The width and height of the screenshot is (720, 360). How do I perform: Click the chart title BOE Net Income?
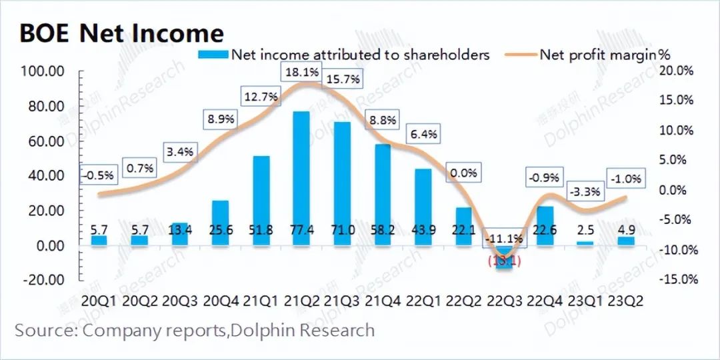pyautogui.click(x=121, y=33)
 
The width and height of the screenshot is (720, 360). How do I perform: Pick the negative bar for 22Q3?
pyautogui.click(x=505, y=257)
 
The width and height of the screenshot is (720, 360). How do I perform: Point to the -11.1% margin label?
pyautogui.click(x=505, y=238)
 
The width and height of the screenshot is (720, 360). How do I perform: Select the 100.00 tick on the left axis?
pyautogui.click(x=43, y=71)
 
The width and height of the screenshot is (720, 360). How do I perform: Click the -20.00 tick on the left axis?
pyautogui.click(x=43, y=279)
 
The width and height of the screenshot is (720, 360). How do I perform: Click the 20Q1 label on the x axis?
pyautogui.click(x=98, y=301)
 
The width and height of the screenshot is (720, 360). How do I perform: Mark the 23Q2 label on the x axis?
pyautogui.click(x=629, y=301)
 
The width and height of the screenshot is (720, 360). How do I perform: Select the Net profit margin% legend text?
pyautogui.click(x=604, y=55)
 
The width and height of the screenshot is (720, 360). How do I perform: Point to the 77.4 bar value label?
pyautogui.click(x=301, y=230)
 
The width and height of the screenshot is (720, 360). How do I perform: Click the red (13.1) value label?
pyautogui.click(x=505, y=261)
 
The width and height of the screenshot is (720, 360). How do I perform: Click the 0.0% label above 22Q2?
pyautogui.click(x=464, y=173)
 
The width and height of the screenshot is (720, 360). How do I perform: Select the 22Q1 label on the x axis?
pyautogui.click(x=423, y=301)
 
